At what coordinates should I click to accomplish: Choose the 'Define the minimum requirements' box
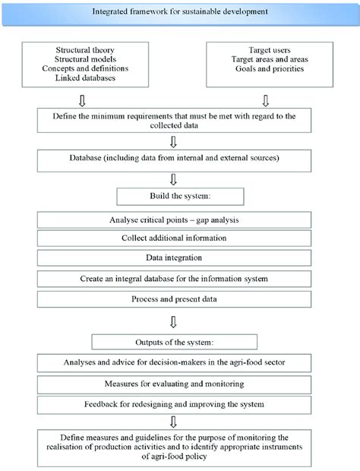(175, 120)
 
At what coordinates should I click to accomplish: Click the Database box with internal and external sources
(175, 160)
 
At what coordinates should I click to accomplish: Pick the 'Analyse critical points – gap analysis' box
(175, 220)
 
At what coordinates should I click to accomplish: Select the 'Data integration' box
(175, 259)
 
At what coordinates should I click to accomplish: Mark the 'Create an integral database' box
(175, 279)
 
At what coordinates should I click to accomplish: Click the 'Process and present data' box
(175, 299)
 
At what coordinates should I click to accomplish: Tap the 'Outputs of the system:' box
(175, 340)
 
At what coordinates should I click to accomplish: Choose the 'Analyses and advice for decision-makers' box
(175, 362)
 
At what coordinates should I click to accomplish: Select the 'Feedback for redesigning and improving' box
(175, 403)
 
